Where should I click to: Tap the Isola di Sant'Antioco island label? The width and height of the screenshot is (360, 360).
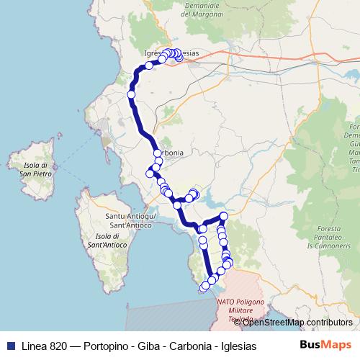pyautogui.click(x=107, y=240)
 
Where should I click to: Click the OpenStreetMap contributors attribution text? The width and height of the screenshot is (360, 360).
pyautogui.click(x=297, y=323)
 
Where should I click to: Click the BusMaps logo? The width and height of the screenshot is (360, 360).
pyautogui.click(x=325, y=345)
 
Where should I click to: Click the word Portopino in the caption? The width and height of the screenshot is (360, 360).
pyautogui.click(x=106, y=346)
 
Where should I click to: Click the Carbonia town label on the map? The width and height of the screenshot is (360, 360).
pyautogui.click(x=173, y=153)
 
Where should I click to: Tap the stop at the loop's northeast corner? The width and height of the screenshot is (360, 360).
pyautogui.click(x=224, y=216)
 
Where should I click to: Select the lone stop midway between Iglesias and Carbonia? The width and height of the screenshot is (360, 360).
pyautogui.click(x=132, y=94)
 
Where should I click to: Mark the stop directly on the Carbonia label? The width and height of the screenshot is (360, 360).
pyautogui.click(x=158, y=153)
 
